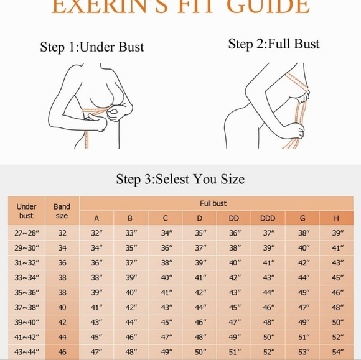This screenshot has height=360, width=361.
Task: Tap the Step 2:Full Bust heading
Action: tap(274, 44)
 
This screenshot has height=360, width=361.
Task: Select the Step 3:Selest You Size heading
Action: tap(180, 179)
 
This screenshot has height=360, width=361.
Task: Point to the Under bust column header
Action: tap(26, 211)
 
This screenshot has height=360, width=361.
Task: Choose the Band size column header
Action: tap(62, 211)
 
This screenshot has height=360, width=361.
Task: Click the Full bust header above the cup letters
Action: tap(213, 203)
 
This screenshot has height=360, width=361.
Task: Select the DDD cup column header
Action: tap(268, 218)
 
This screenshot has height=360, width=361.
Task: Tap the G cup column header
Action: tap(303, 218)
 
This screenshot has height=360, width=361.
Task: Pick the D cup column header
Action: tap(200, 218)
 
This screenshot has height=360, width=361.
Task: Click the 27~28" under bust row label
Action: tap(26, 233)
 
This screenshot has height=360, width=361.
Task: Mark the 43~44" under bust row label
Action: tap(26, 351)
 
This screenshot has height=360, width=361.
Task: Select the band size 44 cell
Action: tap(62, 336)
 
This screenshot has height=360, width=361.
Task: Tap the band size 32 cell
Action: tap(62, 233)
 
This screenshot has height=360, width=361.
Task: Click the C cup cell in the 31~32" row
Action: tap(165, 262)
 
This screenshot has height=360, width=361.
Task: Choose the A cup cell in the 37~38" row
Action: tap(96, 307)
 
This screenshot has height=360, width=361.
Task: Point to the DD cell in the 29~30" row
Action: tap(235, 247)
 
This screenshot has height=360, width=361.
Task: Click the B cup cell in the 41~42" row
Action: tap(131, 336)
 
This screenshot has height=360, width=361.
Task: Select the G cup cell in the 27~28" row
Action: tap(303, 233)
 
